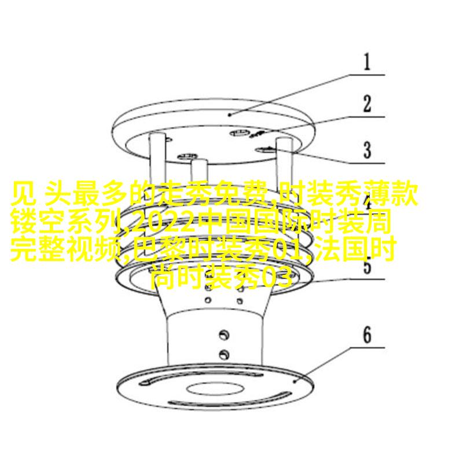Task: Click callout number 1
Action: pos(367,62)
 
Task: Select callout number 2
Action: pos(367,104)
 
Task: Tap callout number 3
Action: pos(367,150)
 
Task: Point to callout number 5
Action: pos(367,266)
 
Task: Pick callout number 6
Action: pos(367,335)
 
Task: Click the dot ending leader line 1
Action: pos(230,114)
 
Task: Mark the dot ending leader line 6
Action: pos(295,381)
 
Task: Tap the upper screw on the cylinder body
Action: pos(224,335)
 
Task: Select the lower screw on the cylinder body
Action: pos(224,354)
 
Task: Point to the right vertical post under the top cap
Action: pos(284,161)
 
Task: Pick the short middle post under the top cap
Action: pos(200,171)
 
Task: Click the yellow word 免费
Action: pos(241,193)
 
